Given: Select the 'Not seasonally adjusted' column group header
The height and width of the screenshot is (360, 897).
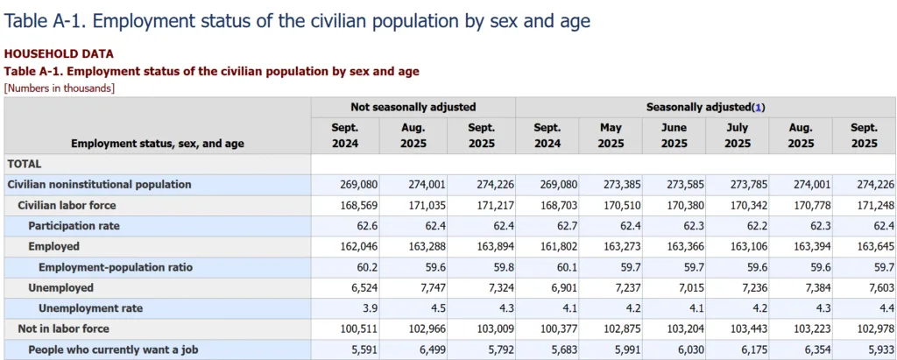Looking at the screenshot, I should click(x=413, y=107).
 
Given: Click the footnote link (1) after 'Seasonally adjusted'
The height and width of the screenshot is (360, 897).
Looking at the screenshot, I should click(x=759, y=107).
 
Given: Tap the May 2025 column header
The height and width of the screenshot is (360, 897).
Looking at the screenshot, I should click(x=611, y=135).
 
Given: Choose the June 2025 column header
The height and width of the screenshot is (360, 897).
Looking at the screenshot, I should click(x=674, y=135).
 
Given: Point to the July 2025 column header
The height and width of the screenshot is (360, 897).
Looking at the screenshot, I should click(x=737, y=135).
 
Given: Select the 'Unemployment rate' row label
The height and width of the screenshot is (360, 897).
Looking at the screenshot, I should click(x=90, y=308).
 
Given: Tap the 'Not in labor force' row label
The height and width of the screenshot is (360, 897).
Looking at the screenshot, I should click(x=63, y=328).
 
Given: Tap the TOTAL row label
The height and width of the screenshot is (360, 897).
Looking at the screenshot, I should click(x=25, y=164).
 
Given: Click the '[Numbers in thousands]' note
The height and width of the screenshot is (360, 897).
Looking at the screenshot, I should click(x=60, y=88).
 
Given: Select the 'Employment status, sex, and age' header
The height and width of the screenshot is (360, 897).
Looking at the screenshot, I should click(x=158, y=144).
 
